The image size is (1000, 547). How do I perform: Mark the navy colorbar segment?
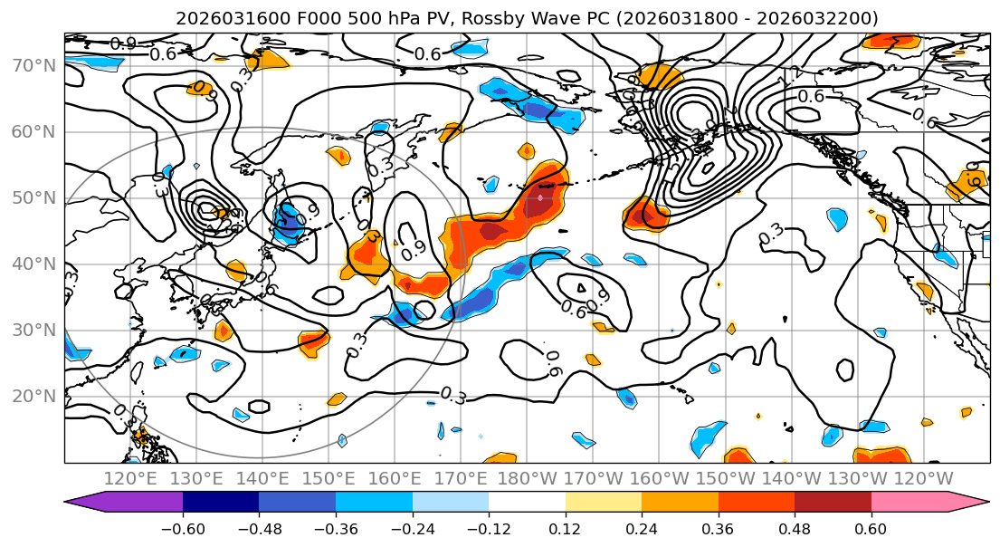[221, 503]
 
